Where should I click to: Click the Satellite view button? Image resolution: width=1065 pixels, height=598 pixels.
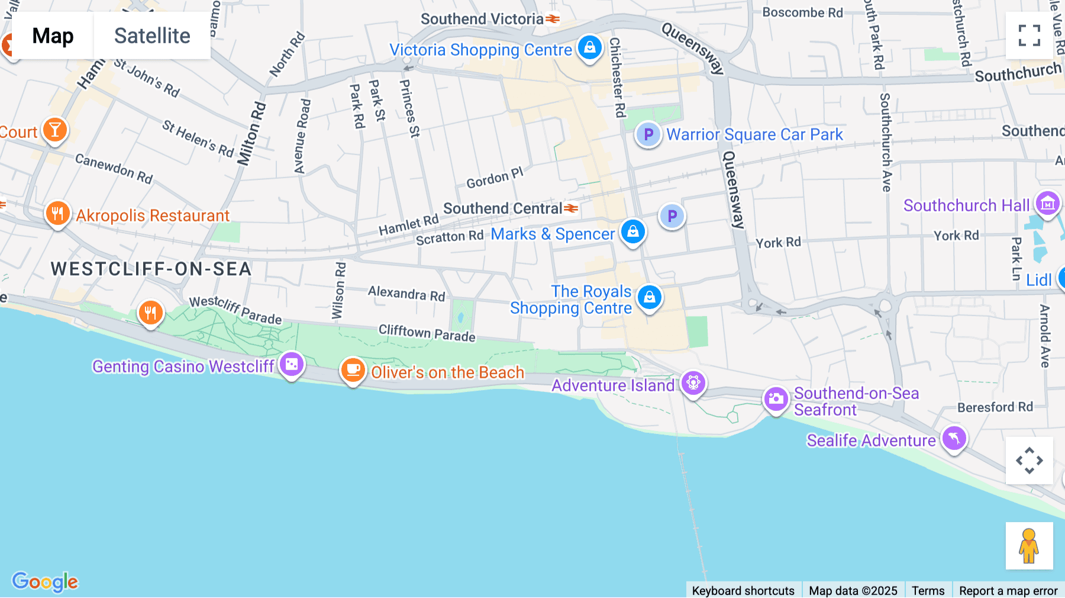click(152, 36)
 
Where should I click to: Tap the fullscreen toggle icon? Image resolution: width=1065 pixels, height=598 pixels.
click(1029, 36)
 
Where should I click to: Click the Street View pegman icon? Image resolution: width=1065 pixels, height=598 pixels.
click(1029, 545)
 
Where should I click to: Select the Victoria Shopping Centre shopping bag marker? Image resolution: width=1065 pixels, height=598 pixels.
click(590, 47)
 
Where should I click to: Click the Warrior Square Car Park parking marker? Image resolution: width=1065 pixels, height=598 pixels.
click(648, 134)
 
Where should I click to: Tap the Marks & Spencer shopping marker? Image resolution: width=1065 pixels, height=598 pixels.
click(632, 232)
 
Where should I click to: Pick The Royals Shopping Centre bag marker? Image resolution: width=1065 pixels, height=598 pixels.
click(650, 297)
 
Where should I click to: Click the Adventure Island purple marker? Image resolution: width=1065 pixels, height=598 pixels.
click(693, 382)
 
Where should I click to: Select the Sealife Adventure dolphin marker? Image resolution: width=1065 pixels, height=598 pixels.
click(954, 439)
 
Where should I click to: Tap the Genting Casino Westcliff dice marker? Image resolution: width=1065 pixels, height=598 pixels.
click(292, 365)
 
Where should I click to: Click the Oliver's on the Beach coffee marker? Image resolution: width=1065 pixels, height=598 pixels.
click(353, 370)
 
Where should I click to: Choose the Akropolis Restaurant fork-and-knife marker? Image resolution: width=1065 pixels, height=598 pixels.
click(57, 213)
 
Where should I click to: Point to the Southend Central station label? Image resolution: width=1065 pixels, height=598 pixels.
click(503, 208)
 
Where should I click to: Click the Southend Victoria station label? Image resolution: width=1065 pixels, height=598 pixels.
click(482, 19)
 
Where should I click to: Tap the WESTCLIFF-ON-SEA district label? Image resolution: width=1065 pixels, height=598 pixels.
click(151, 269)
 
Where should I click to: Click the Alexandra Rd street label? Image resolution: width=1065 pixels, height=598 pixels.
click(406, 293)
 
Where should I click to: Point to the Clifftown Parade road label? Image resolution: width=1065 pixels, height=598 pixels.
click(427, 333)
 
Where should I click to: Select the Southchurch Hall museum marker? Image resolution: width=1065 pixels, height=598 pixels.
click(1047, 204)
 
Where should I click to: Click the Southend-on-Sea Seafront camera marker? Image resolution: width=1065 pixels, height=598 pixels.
click(776, 399)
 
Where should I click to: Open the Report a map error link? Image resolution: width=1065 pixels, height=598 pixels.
click(1008, 590)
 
